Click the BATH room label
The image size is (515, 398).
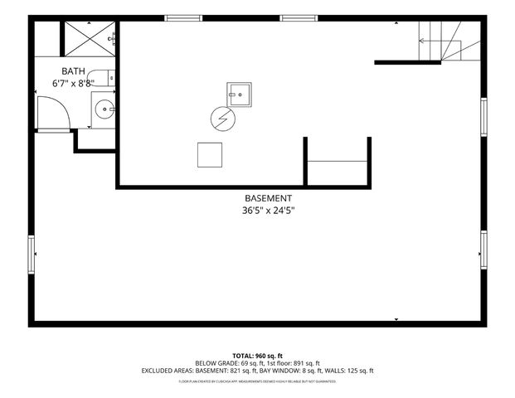pyautogui.click(x=74, y=71)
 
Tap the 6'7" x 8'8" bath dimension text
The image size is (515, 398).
pyautogui.click(x=74, y=83)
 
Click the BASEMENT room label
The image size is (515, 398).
pyautogui.click(x=268, y=198)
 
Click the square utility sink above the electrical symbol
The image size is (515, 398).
pyautogui.click(x=240, y=95)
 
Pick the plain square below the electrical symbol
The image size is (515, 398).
pyautogui.click(x=210, y=154)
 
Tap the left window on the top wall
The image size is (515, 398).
pyautogui.click(x=182, y=18)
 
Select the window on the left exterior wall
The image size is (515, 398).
pyautogui.click(x=32, y=253)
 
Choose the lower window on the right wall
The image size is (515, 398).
pyautogui.click(x=483, y=250)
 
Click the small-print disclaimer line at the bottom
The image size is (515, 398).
pyautogui.click(x=257, y=382)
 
